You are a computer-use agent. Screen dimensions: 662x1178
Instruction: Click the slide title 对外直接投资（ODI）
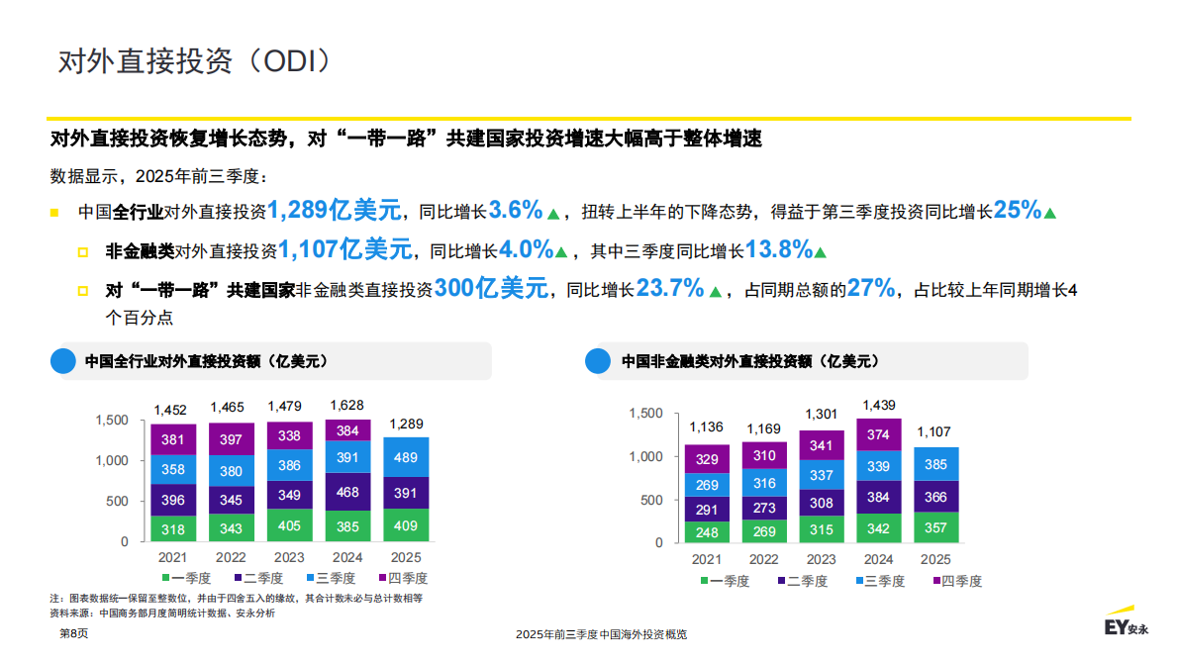click(x=194, y=60)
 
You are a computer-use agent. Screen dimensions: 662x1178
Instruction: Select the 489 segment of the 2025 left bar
click(x=406, y=457)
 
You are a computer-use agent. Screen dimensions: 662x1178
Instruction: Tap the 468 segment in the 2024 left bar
click(x=347, y=492)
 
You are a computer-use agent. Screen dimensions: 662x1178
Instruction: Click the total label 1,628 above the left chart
click(x=346, y=405)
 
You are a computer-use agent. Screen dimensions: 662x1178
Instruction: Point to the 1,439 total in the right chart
click(x=879, y=406)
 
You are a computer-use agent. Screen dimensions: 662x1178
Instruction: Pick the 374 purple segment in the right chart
click(x=878, y=434)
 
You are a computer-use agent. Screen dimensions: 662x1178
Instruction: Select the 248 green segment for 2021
click(x=707, y=532)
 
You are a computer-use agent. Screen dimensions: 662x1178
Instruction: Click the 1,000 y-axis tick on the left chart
click(x=112, y=461)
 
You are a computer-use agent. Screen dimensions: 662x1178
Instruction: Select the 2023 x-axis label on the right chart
click(x=821, y=559)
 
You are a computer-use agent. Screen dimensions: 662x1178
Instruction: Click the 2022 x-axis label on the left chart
click(x=231, y=557)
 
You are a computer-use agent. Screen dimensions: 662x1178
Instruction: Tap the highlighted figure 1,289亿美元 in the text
click(x=335, y=210)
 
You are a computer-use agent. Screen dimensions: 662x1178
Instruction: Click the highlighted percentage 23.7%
click(x=669, y=288)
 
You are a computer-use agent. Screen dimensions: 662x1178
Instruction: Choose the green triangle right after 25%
click(x=1050, y=212)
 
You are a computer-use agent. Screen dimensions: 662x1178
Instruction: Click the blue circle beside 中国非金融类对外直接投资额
click(x=598, y=361)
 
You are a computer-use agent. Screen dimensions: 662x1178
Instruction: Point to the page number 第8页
click(x=74, y=633)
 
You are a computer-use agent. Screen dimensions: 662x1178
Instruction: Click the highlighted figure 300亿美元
click(x=491, y=288)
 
